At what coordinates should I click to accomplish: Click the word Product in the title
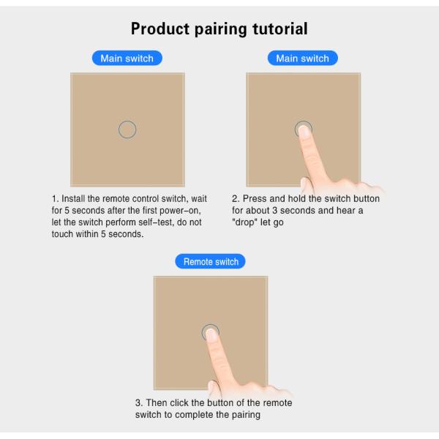click(x=160, y=29)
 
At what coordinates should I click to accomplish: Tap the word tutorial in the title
click(x=280, y=29)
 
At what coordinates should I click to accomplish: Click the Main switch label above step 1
click(x=127, y=59)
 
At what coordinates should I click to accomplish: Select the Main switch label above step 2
click(x=303, y=59)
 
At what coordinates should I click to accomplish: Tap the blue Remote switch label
click(x=210, y=261)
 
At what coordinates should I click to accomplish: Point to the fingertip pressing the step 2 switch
click(x=304, y=130)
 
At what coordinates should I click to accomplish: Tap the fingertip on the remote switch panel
click(x=211, y=334)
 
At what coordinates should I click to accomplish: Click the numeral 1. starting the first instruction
click(x=55, y=199)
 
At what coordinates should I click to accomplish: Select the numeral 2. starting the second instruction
click(x=236, y=199)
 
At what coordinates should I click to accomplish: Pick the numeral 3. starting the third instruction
click(x=139, y=403)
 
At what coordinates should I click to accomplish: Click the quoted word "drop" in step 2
click(x=244, y=222)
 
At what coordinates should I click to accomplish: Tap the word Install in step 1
click(x=73, y=199)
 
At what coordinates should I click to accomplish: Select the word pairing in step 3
click(x=246, y=415)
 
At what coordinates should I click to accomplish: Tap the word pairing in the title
click(x=221, y=29)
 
